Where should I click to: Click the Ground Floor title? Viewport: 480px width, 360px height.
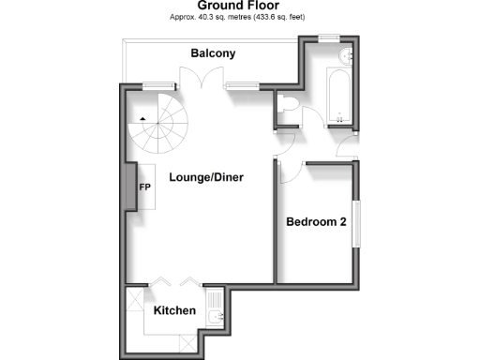(240, 6)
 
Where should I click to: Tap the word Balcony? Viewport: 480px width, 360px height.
(213, 54)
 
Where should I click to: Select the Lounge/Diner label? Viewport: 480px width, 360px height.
(200, 176)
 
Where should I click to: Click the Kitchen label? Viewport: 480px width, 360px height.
(174, 310)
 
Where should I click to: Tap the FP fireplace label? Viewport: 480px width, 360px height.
(145, 187)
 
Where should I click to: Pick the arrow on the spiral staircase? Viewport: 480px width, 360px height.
(142, 119)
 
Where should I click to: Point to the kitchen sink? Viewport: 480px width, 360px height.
(216, 319)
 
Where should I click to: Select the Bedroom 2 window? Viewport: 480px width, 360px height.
(355, 224)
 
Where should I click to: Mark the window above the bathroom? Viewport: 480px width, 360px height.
(327, 37)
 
